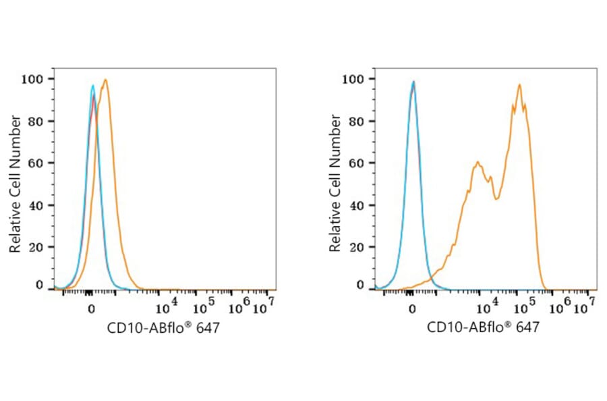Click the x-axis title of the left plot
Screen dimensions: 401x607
(163, 328)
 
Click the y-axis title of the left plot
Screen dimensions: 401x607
(14, 184)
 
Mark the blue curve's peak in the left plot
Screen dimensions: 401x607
(93, 85)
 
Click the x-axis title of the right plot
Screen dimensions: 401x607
(483, 328)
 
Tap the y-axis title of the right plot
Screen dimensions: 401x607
(335, 184)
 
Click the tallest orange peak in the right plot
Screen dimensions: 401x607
(519, 84)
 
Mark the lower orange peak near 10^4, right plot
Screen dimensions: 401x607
(478, 162)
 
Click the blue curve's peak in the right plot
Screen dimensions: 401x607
(413, 82)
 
